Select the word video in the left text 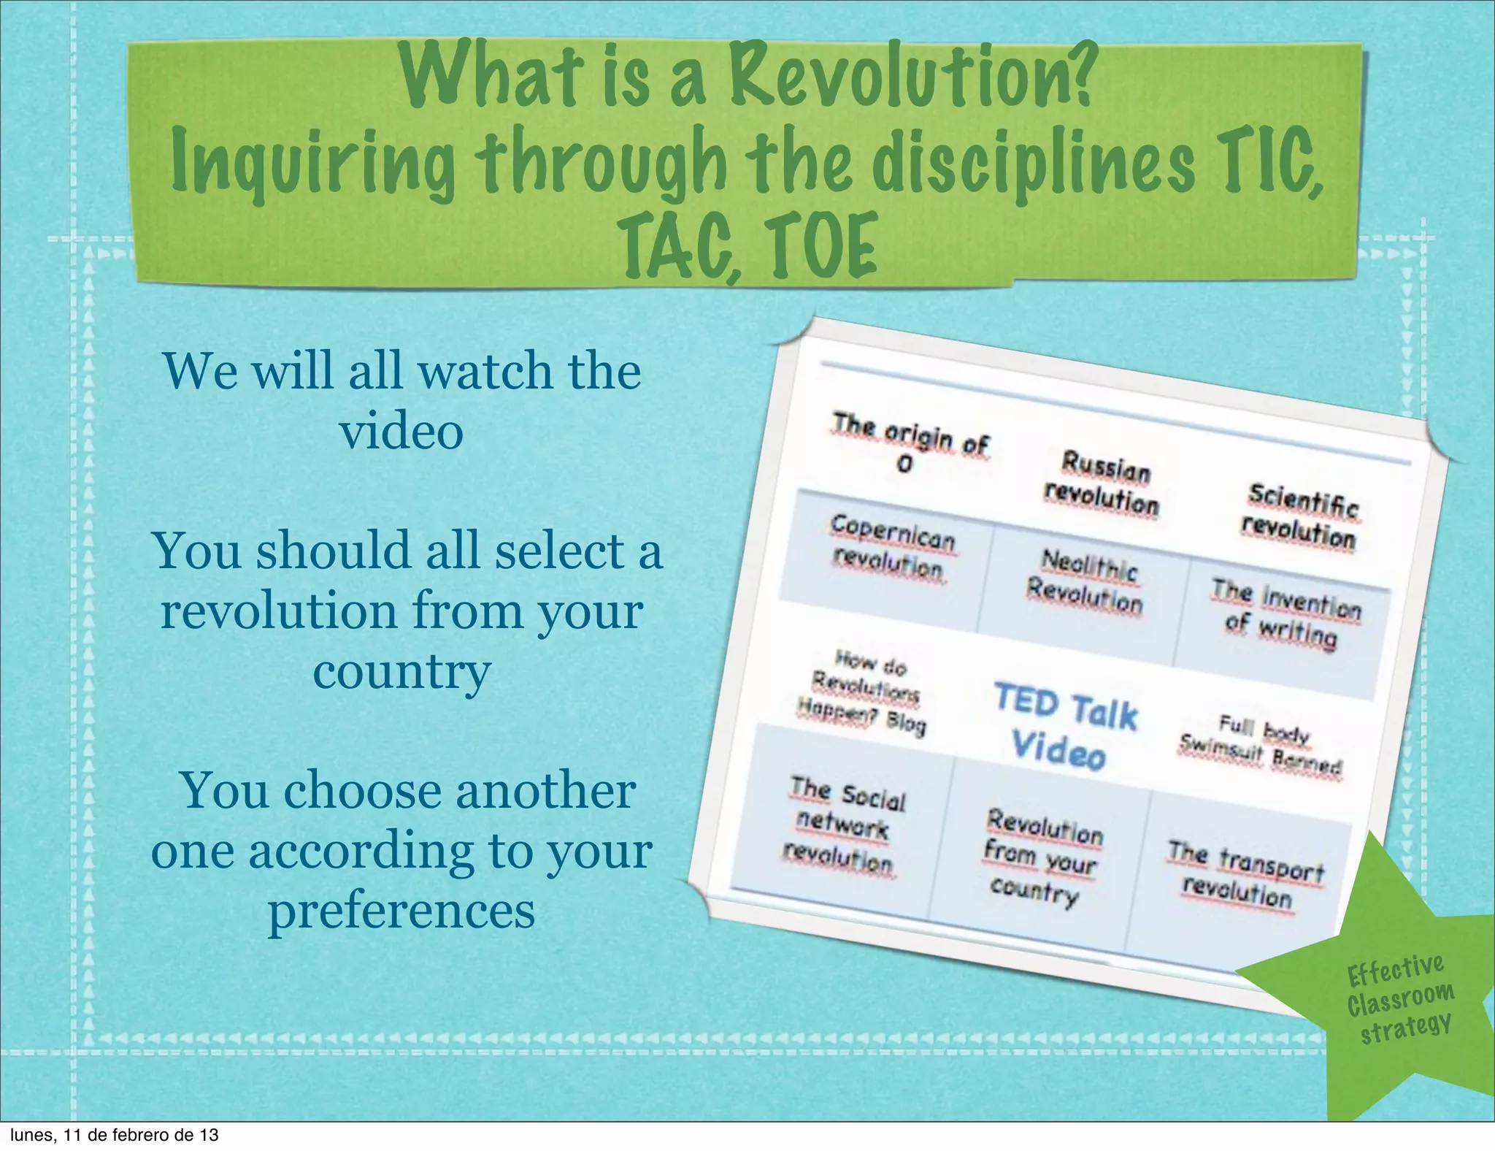tap(401, 431)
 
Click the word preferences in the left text tap(401, 911)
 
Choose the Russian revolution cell tap(1102, 483)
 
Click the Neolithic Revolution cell tap(1086, 582)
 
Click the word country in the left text tap(401, 672)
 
